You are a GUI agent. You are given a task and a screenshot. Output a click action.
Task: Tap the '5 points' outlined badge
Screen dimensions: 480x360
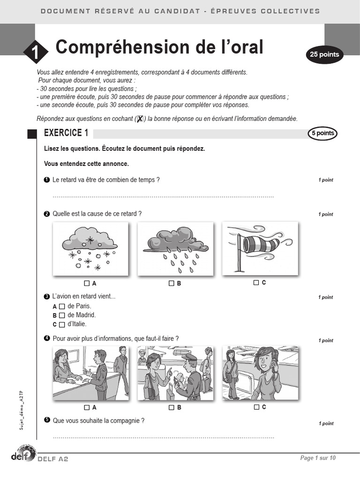click(322, 134)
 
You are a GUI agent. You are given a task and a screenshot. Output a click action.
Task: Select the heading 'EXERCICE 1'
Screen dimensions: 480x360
click(66, 133)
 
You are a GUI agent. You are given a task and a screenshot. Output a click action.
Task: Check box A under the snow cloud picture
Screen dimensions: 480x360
click(87, 283)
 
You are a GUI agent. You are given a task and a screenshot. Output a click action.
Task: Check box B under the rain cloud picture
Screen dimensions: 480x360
click(172, 283)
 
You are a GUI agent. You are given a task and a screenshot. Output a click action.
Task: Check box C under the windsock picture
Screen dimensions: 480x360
click(256, 283)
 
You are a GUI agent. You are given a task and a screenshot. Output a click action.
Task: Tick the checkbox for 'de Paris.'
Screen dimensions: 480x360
click(62, 306)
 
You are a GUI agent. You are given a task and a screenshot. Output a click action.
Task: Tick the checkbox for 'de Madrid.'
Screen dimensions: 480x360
click(62, 315)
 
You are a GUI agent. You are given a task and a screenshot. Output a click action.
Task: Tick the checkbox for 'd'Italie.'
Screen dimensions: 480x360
click(62, 324)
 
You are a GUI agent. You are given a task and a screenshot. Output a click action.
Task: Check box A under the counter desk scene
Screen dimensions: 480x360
click(87, 407)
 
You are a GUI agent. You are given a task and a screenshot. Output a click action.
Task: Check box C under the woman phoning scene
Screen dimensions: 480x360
click(256, 407)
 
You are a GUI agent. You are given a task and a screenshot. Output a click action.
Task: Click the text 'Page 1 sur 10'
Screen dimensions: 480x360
click(318, 458)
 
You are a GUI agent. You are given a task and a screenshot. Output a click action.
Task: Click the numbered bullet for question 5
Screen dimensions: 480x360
click(46, 420)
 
